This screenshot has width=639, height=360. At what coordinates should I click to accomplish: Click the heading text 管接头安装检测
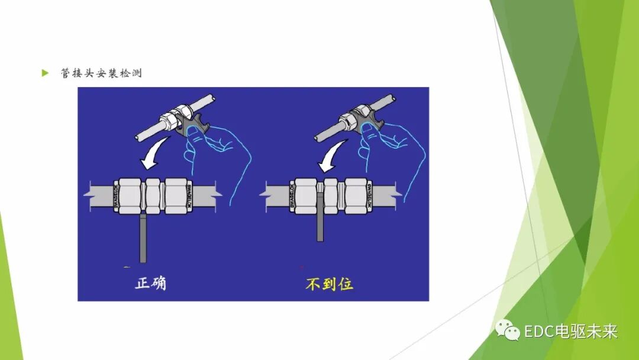(101, 73)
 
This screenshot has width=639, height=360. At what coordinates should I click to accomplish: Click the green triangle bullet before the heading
(44, 73)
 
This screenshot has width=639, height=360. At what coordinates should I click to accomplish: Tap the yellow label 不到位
(329, 284)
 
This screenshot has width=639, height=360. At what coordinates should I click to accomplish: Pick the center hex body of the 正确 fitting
(152, 195)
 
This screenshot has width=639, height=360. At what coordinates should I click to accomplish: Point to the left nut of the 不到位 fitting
(305, 195)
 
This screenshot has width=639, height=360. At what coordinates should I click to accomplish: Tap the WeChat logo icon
(508, 329)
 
